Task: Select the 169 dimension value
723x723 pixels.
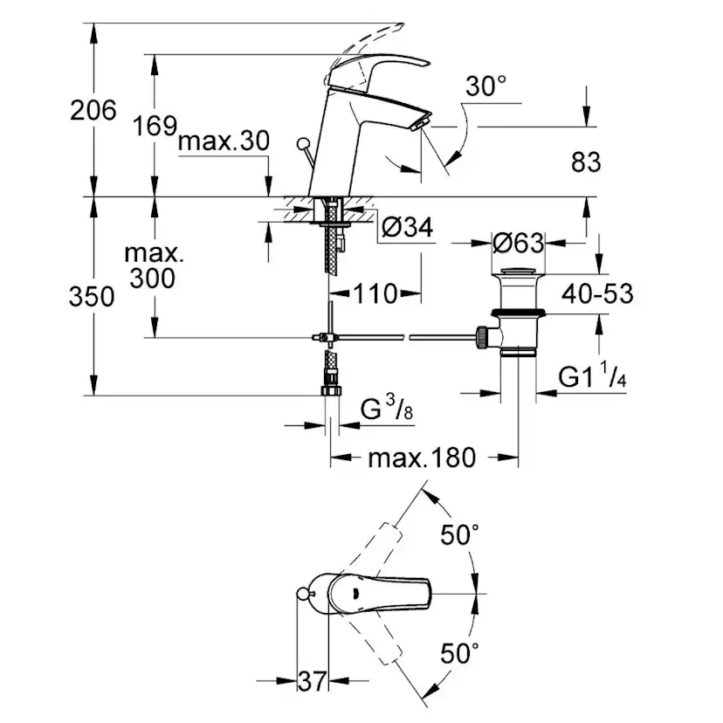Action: tap(156, 127)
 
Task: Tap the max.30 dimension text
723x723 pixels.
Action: tap(223, 142)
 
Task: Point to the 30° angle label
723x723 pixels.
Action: tap(485, 86)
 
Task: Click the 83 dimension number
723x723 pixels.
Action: tap(587, 161)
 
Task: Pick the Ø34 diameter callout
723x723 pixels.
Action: tap(408, 228)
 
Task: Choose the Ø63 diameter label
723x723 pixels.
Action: tap(518, 242)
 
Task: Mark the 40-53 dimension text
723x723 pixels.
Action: tap(598, 293)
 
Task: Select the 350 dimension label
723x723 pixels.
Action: tap(93, 297)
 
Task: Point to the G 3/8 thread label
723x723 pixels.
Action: tap(387, 409)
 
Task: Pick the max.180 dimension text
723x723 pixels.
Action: tap(421, 457)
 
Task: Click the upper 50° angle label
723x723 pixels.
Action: tap(460, 536)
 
